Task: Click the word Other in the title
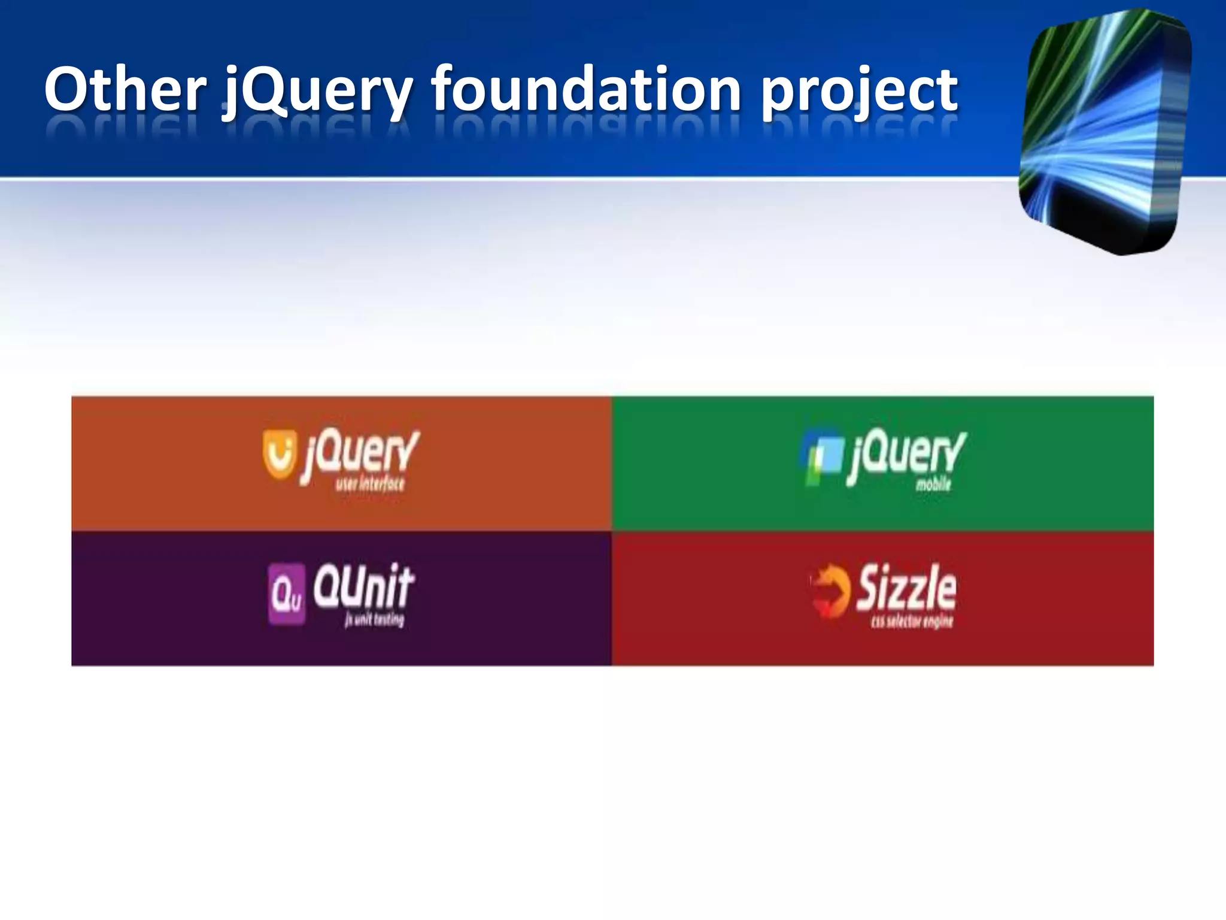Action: click(x=125, y=90)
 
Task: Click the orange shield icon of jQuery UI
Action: click(x=280, y=455)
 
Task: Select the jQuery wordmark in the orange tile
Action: click(x=360, y=453)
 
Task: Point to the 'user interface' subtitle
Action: click(x=370, y=484)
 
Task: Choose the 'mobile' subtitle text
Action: click(x=933, y=484)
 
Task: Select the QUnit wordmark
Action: click(x=363, y=586)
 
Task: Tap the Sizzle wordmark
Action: click(x=906, y=588)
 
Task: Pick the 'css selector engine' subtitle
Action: click(x=912, y=622)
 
